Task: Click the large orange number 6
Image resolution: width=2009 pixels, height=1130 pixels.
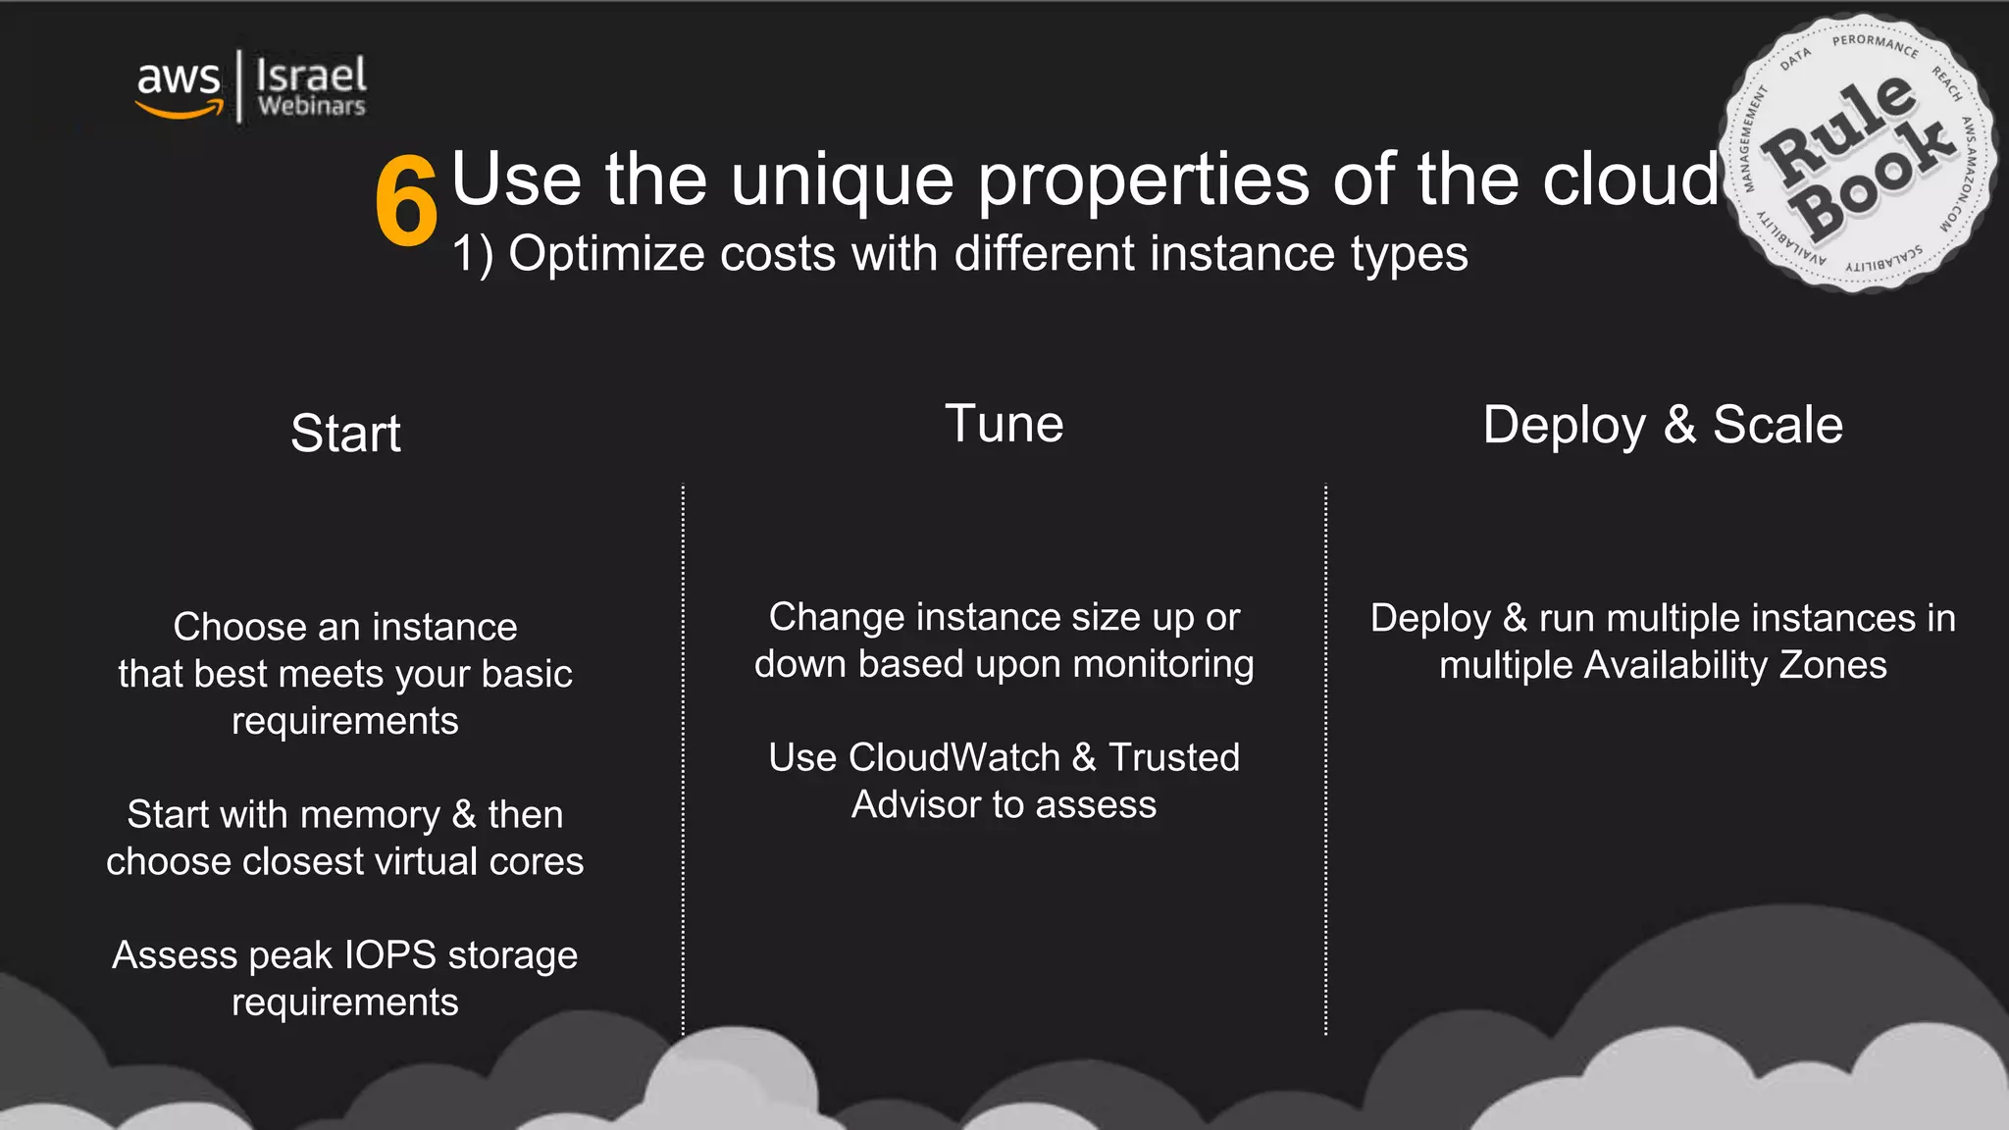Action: click(x=405, y=203)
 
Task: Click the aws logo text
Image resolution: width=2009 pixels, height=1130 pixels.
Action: click(x=179, y=79)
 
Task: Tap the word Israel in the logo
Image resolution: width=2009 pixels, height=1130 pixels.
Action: click(x=311, y=75)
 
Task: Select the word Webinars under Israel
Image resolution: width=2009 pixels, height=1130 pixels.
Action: click(x=311, y=106)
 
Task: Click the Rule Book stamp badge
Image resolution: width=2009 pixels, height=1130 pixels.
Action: click(x=1857, y=154)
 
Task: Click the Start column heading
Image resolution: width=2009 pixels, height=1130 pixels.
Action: click(x=345, y=434)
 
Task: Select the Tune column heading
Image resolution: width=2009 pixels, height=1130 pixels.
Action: click(x=1004, y=424)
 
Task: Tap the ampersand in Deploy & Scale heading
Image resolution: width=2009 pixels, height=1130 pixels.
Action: click(x=1679, y=425)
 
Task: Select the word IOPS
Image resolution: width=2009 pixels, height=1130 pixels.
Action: click(x=389, y=955)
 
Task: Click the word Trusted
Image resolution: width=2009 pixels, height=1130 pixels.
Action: click(x=1173, y=757)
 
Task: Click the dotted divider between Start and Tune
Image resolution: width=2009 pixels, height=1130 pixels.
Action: click(x=683, y=760)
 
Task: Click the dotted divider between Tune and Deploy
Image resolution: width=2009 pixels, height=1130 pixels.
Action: click(x=1325, y=760)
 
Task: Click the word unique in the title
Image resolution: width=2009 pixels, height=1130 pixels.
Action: click(x=841, y=181)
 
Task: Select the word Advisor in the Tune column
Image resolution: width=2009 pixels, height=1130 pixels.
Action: click(x=915, y=804)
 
